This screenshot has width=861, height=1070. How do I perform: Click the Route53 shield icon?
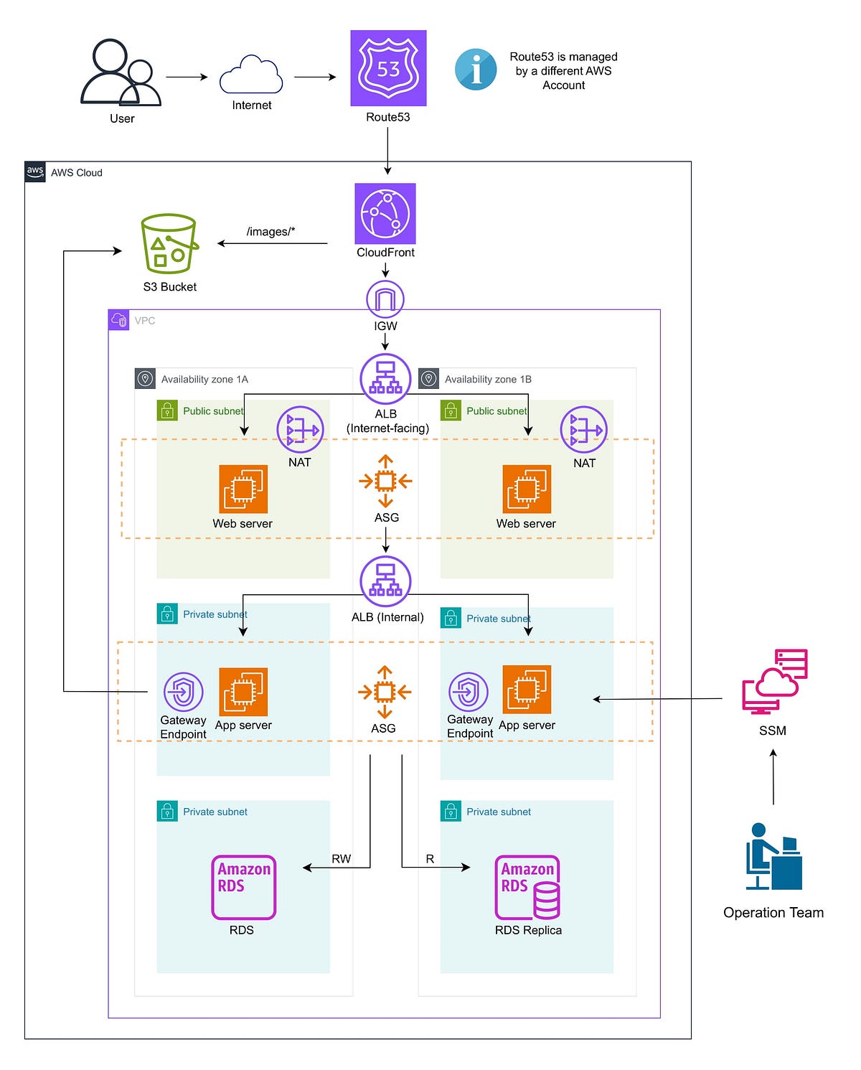[388, 68]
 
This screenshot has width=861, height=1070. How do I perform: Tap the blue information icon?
[476, 70]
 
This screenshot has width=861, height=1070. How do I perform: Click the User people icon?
[121, 73]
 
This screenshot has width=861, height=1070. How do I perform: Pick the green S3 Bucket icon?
[169, 243]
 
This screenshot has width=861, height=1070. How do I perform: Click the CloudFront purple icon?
[385, 214]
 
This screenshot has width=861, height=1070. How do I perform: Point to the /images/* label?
[270, 231]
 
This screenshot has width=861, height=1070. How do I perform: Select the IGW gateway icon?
[385, 299]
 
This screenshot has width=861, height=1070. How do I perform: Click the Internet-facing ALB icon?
[385, 379]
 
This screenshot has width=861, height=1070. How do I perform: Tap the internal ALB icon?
[385, 581]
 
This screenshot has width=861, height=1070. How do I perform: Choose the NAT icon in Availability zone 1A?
[300, 430]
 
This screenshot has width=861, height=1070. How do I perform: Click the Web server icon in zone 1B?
[527, 489]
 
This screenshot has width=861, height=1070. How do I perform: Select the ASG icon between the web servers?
[385, 481]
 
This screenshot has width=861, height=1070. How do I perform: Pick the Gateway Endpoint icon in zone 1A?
[184, 692]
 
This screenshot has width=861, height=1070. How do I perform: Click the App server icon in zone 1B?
[527, 690]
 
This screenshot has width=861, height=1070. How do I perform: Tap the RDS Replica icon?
[527, 887]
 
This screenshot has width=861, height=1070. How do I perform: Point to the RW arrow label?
[341, 858]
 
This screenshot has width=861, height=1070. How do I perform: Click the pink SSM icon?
[774, 682]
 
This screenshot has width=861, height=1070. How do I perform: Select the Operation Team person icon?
[773, 857]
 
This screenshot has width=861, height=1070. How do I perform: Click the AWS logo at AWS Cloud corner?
[35, 172]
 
